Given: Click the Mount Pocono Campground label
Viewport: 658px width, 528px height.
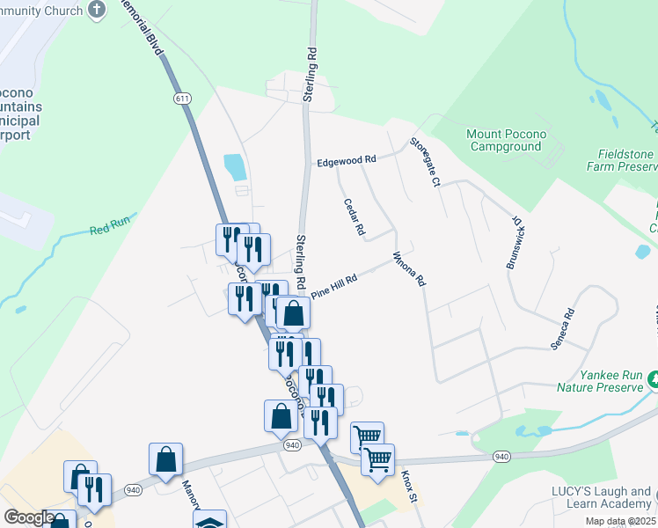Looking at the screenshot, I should click(x=506, y=140).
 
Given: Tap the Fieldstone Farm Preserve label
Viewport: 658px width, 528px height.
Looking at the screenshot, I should click(x=619, y=159).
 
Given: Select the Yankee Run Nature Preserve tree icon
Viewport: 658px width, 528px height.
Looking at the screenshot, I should click(x=653, y=381).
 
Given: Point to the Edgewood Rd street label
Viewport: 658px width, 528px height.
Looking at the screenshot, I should click(x=347, y=160).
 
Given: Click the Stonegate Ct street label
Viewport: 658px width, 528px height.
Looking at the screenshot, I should click(x=424, y=161).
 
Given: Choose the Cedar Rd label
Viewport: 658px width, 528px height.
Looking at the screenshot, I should click(x=354, y=216).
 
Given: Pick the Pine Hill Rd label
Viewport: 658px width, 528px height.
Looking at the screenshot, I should click(x=334, y=287).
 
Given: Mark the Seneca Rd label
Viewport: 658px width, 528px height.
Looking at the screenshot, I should click(x=562, y=329).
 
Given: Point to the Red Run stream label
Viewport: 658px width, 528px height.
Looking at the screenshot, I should click(x=108, y=231).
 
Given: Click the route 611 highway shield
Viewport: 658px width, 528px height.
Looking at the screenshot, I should click(x=182, y=99).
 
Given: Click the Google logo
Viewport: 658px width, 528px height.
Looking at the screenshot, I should click(x=29, y=517).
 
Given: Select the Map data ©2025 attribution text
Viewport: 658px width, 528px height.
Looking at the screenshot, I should click(x=620, y=521).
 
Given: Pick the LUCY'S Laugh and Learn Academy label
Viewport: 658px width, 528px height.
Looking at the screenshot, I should click(x=603, y=497).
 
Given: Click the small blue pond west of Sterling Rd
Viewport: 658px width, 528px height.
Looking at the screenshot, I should click(x=235, y=165).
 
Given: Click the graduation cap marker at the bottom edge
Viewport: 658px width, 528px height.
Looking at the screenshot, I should click(x=210, y=521).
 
